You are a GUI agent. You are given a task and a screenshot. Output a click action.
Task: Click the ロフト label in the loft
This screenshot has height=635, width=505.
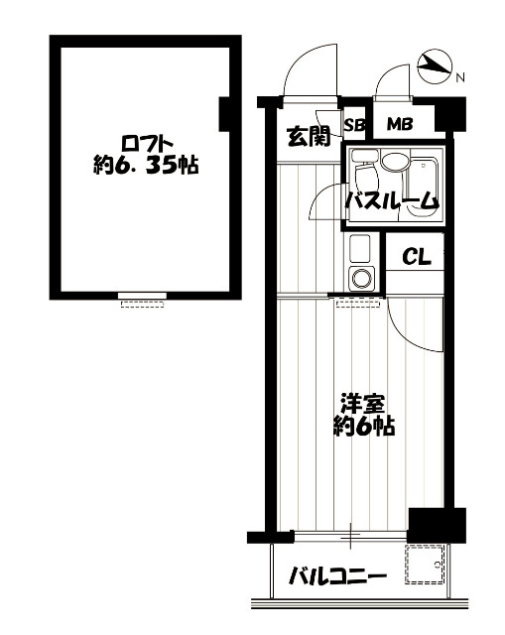coord(148,143)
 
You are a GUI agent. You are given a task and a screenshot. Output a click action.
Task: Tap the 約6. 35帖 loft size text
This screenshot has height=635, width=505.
coord(146,165)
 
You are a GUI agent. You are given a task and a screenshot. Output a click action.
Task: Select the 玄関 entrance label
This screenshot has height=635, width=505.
coord(309,137)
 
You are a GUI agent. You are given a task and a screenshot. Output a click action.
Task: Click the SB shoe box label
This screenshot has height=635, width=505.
coord(354,125)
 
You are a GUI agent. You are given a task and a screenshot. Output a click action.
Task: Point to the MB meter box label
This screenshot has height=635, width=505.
coord(399,124)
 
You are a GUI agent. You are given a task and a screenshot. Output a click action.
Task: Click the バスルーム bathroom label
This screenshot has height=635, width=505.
coord(392,200)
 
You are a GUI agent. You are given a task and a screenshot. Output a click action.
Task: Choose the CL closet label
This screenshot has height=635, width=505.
coord(417,257)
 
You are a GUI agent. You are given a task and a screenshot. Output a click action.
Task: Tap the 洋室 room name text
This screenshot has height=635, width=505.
coord(362,404)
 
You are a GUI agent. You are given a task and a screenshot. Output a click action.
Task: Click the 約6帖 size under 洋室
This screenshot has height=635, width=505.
coord(364,426)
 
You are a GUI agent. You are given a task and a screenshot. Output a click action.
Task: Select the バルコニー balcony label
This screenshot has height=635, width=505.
coord(337,575)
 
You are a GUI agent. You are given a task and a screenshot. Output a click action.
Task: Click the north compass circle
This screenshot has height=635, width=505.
coord(434,66)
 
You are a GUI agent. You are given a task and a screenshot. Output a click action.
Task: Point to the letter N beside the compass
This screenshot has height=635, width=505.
coord(460,77)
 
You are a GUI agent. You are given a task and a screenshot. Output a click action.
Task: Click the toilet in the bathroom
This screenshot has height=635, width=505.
coord(365,173)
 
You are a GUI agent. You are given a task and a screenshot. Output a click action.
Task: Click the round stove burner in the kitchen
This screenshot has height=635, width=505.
coord(361,278)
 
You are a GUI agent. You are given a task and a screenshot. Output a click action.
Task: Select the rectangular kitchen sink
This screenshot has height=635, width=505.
coord(359,248)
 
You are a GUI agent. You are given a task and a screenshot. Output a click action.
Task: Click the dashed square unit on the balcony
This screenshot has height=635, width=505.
coord(425,565)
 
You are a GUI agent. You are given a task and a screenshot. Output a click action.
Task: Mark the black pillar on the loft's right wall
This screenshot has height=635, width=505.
coord(225,114)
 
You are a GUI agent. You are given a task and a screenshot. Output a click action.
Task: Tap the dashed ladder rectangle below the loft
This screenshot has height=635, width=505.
coord(143,304)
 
